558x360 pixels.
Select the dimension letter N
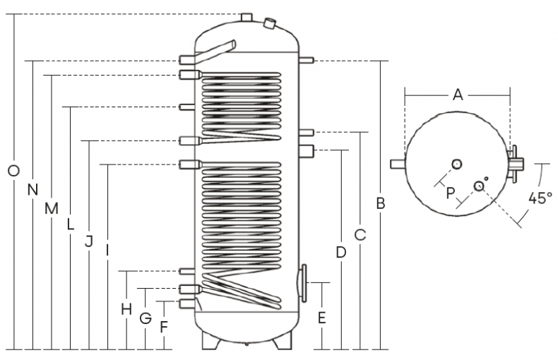pyautogui.click(x=32, y=189)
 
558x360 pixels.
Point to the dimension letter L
pyautogui.click(x=70, y=225)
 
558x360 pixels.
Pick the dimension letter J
pyautogui.click(x=88, y=241)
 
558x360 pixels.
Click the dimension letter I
pyautogui.click(x=106, y=250)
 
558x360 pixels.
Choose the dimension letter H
pyautogui.click(x=126, y=308)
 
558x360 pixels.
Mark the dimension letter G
pyautogui.click(x=146, y=318)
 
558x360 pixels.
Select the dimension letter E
pyautogui.click(x=321, y=318)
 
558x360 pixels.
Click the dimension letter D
pyautogui.click(x=340, y=252)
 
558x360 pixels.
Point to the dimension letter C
pyautogui.click(x=360, y=234)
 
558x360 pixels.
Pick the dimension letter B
pyautogui.click(x=380, y=204)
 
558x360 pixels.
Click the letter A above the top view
pyautogui.click(x=457, y=95)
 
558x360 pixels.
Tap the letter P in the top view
pyautogui.click(x=450, y=193)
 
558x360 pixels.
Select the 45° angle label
pyautogui.click(x=540, y=198)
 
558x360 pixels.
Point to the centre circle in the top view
pyautogui.click(x=457, y=164)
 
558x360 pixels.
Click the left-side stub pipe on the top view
pyautogui.click(x=397, y=164)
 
